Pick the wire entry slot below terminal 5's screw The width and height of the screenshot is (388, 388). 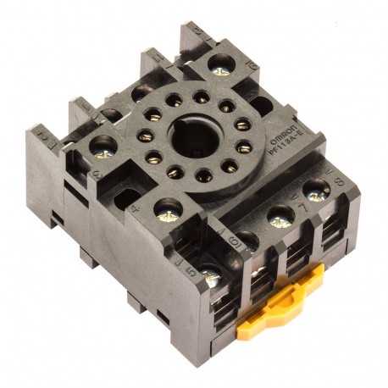tap(213, 313)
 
